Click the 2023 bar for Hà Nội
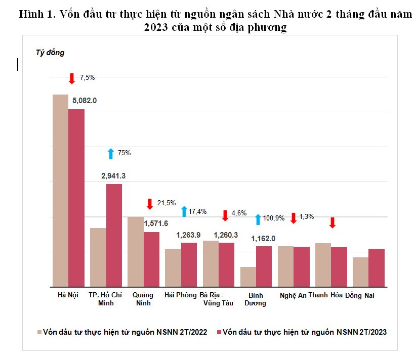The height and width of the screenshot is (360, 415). click(76, 197)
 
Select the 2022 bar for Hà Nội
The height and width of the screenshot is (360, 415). click(60, 190)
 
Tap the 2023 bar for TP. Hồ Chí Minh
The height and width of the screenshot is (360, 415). click(114, 235)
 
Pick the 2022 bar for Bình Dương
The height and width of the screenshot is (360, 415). click(248, 277)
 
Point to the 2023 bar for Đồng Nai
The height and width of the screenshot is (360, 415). click(377, 267)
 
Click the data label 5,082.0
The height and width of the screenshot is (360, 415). click(85, 101)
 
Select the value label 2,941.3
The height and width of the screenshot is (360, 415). click(113, 176)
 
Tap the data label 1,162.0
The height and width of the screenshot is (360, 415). click(264, 238)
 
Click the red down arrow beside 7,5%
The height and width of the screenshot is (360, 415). click(72, 78)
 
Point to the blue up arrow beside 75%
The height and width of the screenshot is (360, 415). click(111, 153)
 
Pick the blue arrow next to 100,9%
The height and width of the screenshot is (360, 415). click(258, 219)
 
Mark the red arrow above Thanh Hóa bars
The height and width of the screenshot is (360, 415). click(333, 222)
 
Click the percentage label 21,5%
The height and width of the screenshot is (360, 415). click(167, 203)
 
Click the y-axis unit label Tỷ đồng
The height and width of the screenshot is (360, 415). click(50, 53)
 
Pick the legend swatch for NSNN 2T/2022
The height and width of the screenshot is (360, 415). click(39, 332)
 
